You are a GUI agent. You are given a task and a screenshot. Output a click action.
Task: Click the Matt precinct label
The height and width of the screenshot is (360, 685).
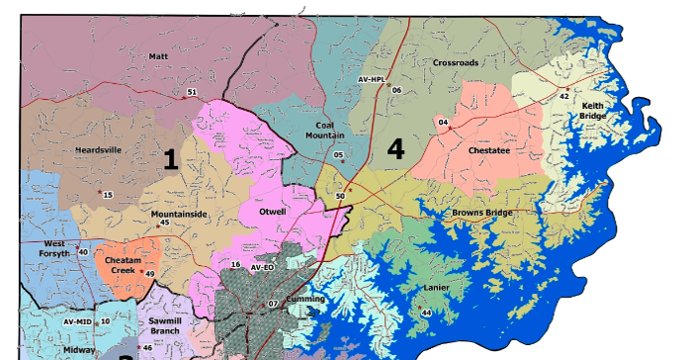(158, 56)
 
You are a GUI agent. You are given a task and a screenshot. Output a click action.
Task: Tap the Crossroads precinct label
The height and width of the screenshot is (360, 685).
(456, 62)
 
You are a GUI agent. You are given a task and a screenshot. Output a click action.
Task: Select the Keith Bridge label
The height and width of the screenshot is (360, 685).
(593, 111)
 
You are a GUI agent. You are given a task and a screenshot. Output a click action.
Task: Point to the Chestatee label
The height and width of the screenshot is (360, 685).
(488, 151)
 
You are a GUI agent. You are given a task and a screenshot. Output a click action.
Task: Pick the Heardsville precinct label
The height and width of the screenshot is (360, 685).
(98, 150)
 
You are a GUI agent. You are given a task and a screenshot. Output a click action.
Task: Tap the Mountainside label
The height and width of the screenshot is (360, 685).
(179, 213)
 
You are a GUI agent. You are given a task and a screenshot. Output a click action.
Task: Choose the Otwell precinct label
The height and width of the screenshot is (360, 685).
(272, 212)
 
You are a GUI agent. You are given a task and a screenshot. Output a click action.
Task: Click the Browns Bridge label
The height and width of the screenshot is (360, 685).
(480, 213)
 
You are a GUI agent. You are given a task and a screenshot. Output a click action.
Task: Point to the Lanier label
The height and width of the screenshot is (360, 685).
(436, 288)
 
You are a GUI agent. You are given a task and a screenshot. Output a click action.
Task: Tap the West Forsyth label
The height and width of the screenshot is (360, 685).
(55, 248)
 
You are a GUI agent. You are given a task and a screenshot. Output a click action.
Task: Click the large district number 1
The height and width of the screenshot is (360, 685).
(170, 159)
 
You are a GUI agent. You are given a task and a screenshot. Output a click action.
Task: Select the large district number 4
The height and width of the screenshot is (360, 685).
(395, 148)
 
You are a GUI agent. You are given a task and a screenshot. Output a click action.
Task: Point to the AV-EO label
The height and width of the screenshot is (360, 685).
(261, 266)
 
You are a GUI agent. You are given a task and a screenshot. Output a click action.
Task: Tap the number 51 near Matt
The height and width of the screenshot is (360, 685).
(191, 92)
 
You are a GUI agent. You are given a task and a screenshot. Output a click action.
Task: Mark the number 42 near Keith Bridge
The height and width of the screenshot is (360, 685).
(564, 96)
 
